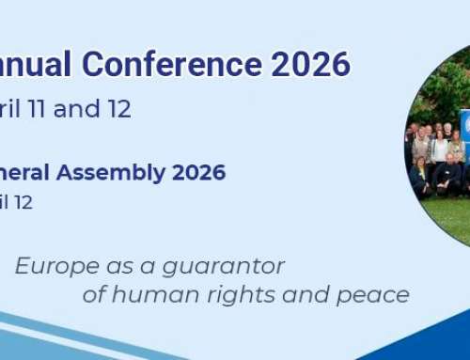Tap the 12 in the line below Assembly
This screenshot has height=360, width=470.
pyautogui.click(x=23, y=202)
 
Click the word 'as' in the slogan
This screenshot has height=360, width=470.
pyautogui.click(x=104, y=266)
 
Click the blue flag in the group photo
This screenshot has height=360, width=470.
pyautogui.click(x=464, y=125)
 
